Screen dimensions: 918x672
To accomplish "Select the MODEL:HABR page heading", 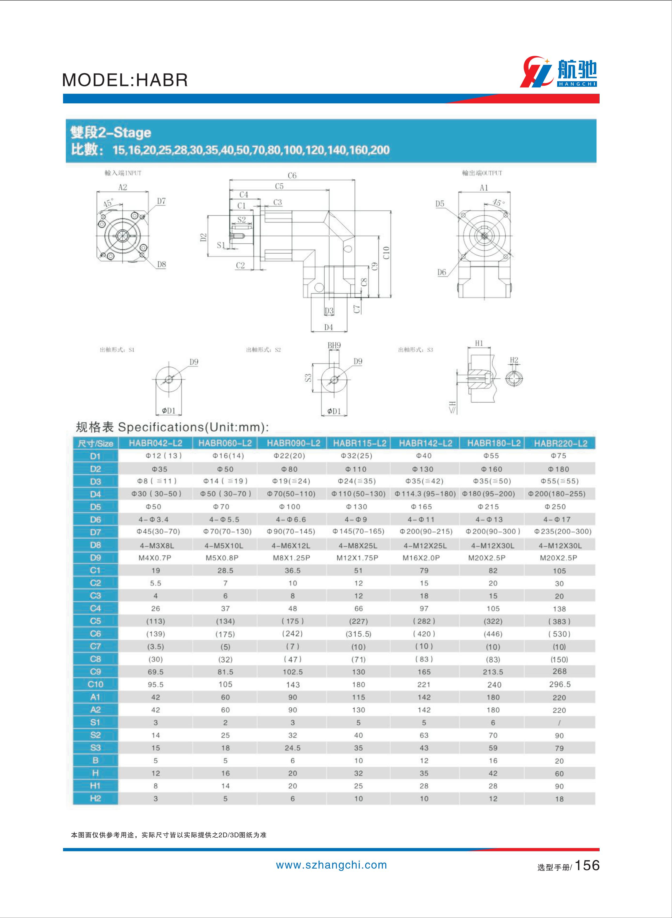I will click(x=125, y=80).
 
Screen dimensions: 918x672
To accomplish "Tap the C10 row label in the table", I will click(x=95, y=685).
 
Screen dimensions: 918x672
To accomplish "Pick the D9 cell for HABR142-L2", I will click(x=424, y=558).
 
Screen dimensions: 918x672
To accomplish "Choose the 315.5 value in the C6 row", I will click(x=358, y=634).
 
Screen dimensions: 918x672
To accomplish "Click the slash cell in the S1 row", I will click(x=559, y=723).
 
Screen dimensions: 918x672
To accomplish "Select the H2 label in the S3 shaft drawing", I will click(x=514, y=360).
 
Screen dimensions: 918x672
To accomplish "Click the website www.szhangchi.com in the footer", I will click(x=331, y=865).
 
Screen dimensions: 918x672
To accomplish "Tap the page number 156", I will click(x=587, y=865).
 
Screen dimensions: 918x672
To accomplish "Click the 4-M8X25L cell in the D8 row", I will click(x=358, y=545).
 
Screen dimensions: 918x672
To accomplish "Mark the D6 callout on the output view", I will click(x=442, y=272).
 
